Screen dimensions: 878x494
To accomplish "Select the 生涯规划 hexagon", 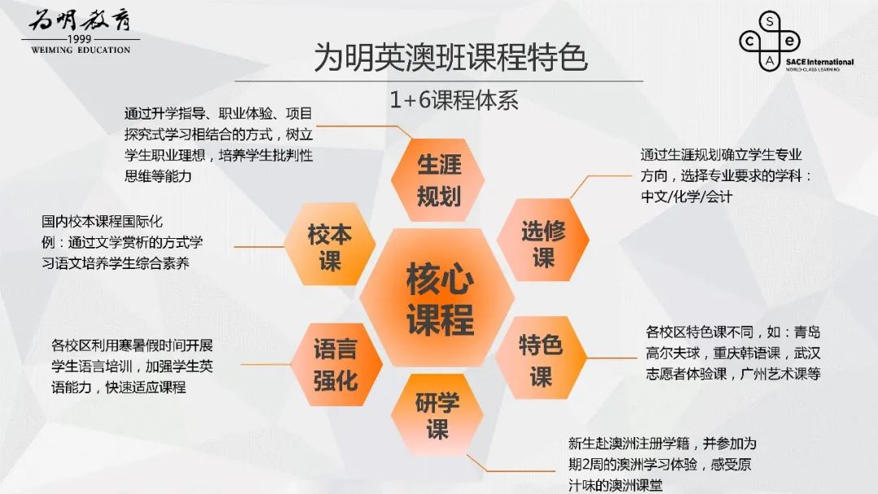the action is coord(438,180).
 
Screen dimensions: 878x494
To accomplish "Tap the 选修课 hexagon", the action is coord(542,240).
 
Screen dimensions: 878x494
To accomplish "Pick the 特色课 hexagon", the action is coord(541,358).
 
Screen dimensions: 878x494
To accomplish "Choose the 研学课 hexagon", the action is coord(437,415).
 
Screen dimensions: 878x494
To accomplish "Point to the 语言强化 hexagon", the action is coord(336,364).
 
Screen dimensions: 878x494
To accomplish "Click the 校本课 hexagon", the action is coord(330,245).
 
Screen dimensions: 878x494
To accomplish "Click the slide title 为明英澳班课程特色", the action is coord(450,58).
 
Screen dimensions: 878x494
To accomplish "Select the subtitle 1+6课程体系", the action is coord(454,100).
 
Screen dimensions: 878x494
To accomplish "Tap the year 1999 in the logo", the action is coord(80,39).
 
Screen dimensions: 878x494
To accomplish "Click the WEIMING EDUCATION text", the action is coord(80,50).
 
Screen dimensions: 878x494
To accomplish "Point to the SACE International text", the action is coord(819,62).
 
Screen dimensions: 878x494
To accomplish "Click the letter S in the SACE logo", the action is coord(770,22).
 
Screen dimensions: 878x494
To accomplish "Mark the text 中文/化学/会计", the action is coord(686,197).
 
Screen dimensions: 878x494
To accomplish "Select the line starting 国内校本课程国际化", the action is coord(102,222).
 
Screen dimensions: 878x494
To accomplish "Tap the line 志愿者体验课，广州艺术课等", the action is coord(733,373).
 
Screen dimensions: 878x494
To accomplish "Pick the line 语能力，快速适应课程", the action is coord(119,387).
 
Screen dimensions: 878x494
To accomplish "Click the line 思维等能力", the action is coord(158,176).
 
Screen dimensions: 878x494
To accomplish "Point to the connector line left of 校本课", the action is coord(259,246).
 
